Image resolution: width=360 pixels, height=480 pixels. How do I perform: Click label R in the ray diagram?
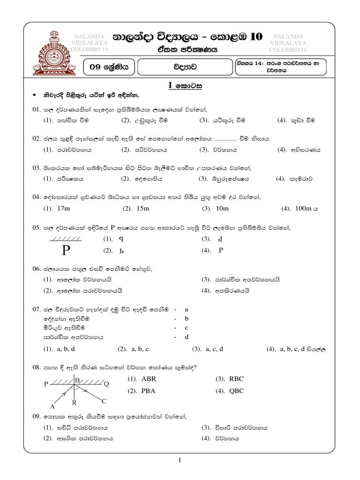coord(75,403)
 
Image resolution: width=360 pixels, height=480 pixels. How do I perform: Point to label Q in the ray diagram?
coord(106,383)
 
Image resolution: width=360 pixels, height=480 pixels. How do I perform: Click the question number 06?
coord(37,269)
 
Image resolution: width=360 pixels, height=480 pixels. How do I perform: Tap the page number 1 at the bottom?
coord(180,461)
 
